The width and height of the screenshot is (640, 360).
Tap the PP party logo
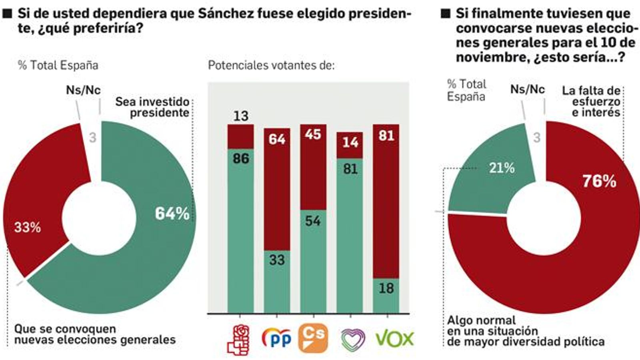pyautogui.click(x=276, y=338)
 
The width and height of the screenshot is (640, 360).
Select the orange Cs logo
pyautogui.click(x=313, y=338)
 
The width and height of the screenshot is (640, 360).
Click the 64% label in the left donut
pyautogui.click(x=172, y=214)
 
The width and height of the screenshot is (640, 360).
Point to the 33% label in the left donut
pyautogui.click(x=27, y=228)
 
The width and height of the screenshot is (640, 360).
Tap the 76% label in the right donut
pyautogui.click(x=599, y=181)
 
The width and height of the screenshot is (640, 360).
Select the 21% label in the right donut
pyautogui.click(x=502, y=168)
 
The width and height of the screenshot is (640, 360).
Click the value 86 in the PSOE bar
pyautogui.click(x=241, y=159)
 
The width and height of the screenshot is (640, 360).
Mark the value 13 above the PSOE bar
pyautogui.click(x=241, y=116)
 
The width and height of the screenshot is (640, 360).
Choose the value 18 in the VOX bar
pyautogui.click(x=386, y=288)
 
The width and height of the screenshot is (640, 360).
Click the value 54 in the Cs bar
pyautogui.click(x=313, y=221)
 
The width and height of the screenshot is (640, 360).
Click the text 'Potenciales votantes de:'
pyautogui.click(x=271, y=65)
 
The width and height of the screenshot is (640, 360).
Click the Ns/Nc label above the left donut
pyautogui.click(x=83, y=90)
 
